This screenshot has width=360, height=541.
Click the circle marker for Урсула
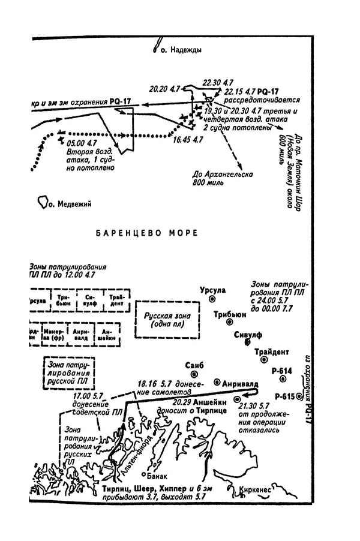[x=212, y=299]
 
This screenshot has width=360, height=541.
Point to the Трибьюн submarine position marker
[x=229, y=321]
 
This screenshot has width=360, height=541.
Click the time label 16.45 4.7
[x=186, y=140]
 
